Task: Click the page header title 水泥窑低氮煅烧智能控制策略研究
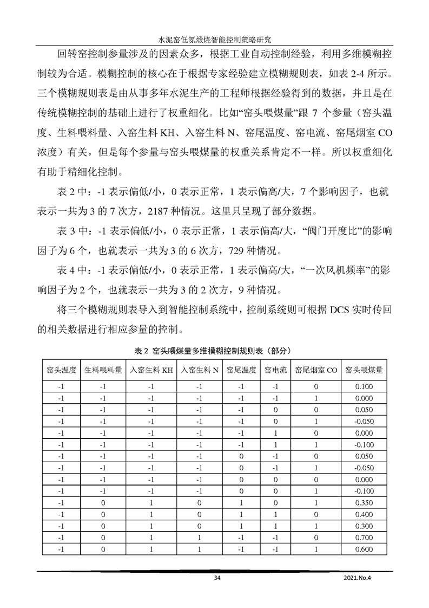pyautogui.click(x=214, y=40)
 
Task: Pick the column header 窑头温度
pyautogui.click(x=61, y=371)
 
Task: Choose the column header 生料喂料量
pyautogui.click(x=103, y=371)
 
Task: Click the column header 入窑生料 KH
pyautogui.click(x=151, y=371)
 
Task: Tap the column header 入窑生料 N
pyautogui.click(x=200, y=371)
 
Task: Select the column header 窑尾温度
pyautogui.click(x=241, y=371)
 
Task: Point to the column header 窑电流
pyautogui.click(x=275, y=371)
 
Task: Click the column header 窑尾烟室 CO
pyautogui.click(x=316, y=371)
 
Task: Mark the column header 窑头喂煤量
pyautogui.click(x=364, y=371)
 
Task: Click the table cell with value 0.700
pyautogui.click(x=364, y=538)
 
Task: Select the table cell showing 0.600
pyautogui.click(x=364, y=549)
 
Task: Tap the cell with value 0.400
pyautogui.click(x=364, y=514)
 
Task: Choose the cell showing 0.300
pyautogui.click(x=364, y=526)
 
